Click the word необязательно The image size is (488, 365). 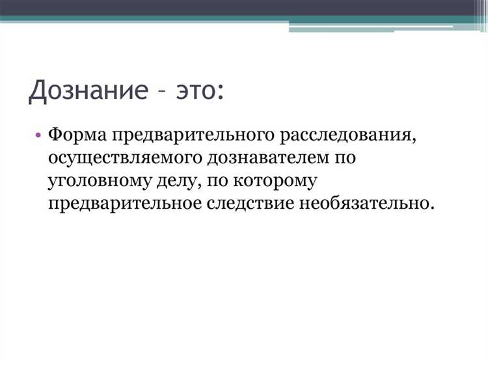click(364, 203)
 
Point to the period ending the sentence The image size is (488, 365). click(431, 208)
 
